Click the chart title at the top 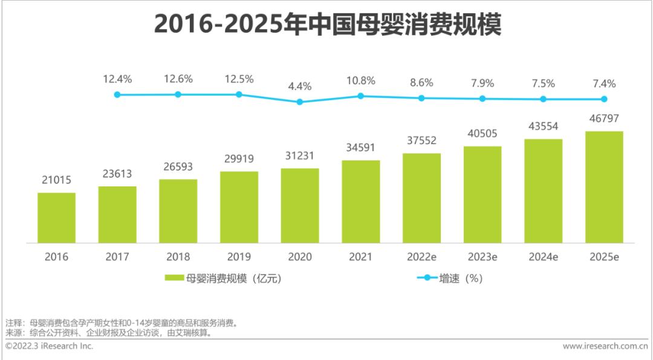pyautogui.click(x=327, y=25)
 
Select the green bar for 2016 pyautogui.click(x=56, y=218)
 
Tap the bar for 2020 pyautogui.click(x=300, y=206)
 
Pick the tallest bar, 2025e pyautogui.click(x=603, y=188)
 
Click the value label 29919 pyautogui.click(x=239, y=159)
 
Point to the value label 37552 pyautogui.click(x=421, y=140)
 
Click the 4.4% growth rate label pyautogui.click(x=300, y=87)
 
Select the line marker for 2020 pyautogui.click(x=300, y=102)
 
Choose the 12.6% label pyautogui.click(x=178, y=79)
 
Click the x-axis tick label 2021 pyautogui.click(x=361, y=257)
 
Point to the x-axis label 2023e pyautogui.click(x=482, y=257)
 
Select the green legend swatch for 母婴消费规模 pyautogui.click(x=174, y=278)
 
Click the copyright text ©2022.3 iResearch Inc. pyautogui.click(x=50, y=346)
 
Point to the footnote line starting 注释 pyautogui.click(x=121, y=322)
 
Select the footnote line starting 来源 pyautogui.click(x=109, y=333)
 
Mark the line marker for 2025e pyautogui.click(x=603, y=99)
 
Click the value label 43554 pyautogui.click(x=543, y=126)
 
